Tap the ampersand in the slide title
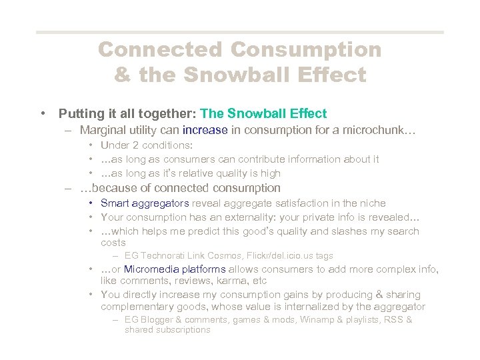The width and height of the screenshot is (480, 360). tap(122, 74)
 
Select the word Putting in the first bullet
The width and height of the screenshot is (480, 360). tap(79, 113)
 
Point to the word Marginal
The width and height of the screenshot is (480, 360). tap(102, 130)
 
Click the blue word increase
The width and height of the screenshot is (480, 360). tap(205, 130)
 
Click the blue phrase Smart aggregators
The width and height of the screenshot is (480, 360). tap(144, 203)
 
